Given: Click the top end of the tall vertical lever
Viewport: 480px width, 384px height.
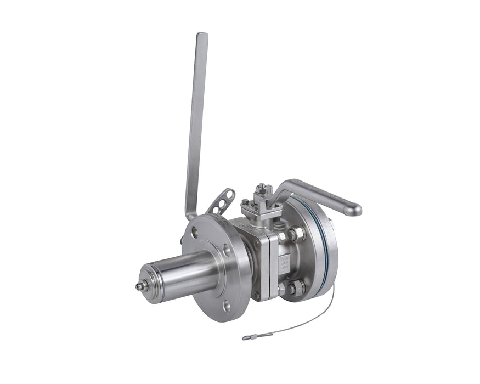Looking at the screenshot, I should point(202,37).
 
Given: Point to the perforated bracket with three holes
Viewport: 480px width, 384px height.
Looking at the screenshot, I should point(222,201).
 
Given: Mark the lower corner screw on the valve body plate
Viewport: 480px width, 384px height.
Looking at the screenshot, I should point(256,295).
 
